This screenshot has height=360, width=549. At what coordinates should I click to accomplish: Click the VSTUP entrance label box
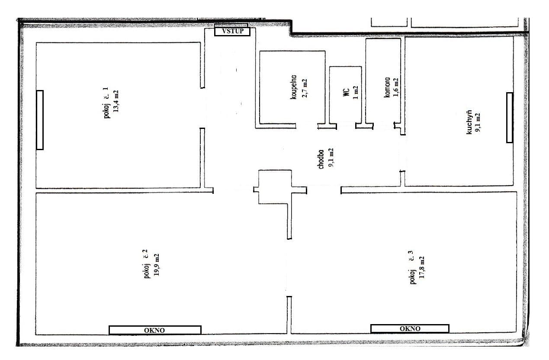point(232,31)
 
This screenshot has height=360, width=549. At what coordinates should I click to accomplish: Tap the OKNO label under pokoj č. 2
point(154,330)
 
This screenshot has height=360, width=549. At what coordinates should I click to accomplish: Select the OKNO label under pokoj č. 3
point(410,328)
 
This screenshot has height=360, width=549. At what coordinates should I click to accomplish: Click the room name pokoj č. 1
point(106,104)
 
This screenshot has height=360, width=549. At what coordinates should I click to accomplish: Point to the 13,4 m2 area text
point(116,101)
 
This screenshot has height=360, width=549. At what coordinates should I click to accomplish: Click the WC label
point(346,92)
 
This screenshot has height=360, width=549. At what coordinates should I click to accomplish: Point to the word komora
point(388,88)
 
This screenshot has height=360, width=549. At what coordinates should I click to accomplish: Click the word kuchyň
point(469,123)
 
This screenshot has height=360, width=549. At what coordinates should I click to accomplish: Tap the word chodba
point(321,159)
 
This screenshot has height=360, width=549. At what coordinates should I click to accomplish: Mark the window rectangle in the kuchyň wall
point(510,118)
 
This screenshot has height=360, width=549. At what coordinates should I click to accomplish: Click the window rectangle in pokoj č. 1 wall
point(40,120)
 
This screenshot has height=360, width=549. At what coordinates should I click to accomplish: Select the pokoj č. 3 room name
point(412,268)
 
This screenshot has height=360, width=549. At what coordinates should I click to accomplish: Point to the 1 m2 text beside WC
point(356,92)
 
